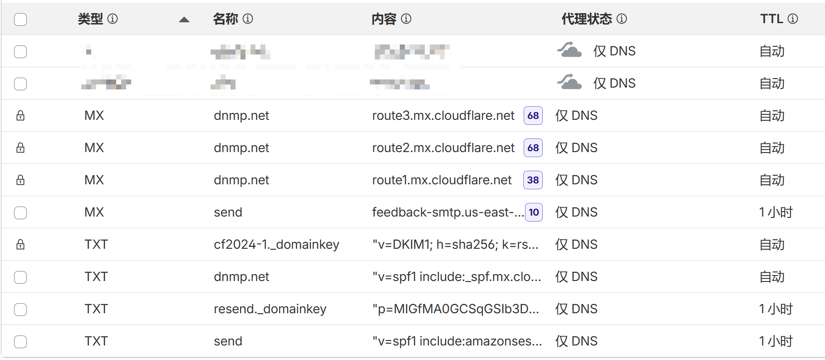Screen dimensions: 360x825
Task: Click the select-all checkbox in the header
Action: click(20, 20)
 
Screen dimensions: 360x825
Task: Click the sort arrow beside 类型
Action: click(184, 20)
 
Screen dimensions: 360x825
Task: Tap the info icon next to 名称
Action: click(248, 19)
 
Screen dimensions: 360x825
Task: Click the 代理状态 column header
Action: click(586, 19)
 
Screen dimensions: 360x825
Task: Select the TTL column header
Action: click(771, 19)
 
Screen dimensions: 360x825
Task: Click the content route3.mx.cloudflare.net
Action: click(443, 116)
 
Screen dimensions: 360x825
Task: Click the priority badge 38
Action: click(533, 180)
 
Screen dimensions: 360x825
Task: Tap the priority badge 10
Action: click(534, 212)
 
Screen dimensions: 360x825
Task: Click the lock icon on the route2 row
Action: click(20, 148)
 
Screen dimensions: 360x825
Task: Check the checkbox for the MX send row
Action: click(20, 212)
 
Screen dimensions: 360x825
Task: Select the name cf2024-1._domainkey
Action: click(276, 245)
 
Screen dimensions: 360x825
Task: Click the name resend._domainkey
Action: click(270, 309)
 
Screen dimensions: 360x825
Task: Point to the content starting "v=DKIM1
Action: click(455, 245)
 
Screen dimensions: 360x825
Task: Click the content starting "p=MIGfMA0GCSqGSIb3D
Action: click(456, 309)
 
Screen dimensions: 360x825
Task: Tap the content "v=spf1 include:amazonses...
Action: click(457, 341)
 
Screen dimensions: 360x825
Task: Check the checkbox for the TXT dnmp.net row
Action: click(20, 277)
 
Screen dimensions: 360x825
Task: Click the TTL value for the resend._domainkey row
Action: click(776, 309)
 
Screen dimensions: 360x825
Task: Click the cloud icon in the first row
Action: click(570, 50)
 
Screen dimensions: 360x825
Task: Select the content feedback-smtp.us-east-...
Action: click(447, 212)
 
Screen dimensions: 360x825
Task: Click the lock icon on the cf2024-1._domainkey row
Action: click(20, 245)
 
